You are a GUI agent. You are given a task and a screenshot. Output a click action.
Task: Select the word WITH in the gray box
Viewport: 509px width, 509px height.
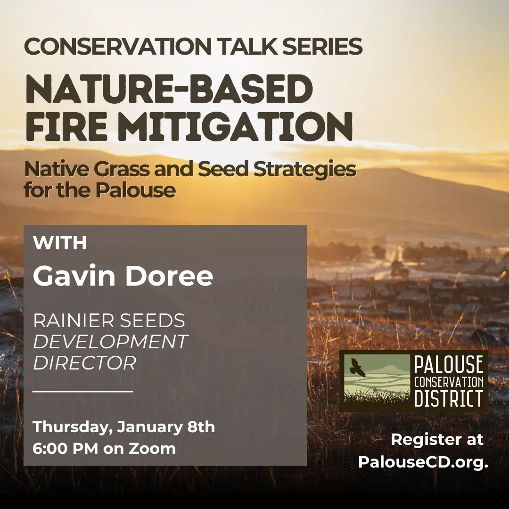(60, 244)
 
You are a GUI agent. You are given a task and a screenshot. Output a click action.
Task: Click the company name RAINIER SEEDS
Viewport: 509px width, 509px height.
(109, 321)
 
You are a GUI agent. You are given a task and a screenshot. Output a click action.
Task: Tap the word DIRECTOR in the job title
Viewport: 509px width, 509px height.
(84, 363)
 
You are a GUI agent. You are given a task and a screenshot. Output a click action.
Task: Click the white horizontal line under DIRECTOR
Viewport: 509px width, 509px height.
(82, 391)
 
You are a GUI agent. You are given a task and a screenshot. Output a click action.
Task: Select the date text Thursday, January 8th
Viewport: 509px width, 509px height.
(123, 427)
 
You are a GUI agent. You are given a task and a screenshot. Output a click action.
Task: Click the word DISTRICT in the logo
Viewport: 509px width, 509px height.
(448, 398)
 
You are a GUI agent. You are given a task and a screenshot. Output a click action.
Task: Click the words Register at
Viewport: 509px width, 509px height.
(437, 440)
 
